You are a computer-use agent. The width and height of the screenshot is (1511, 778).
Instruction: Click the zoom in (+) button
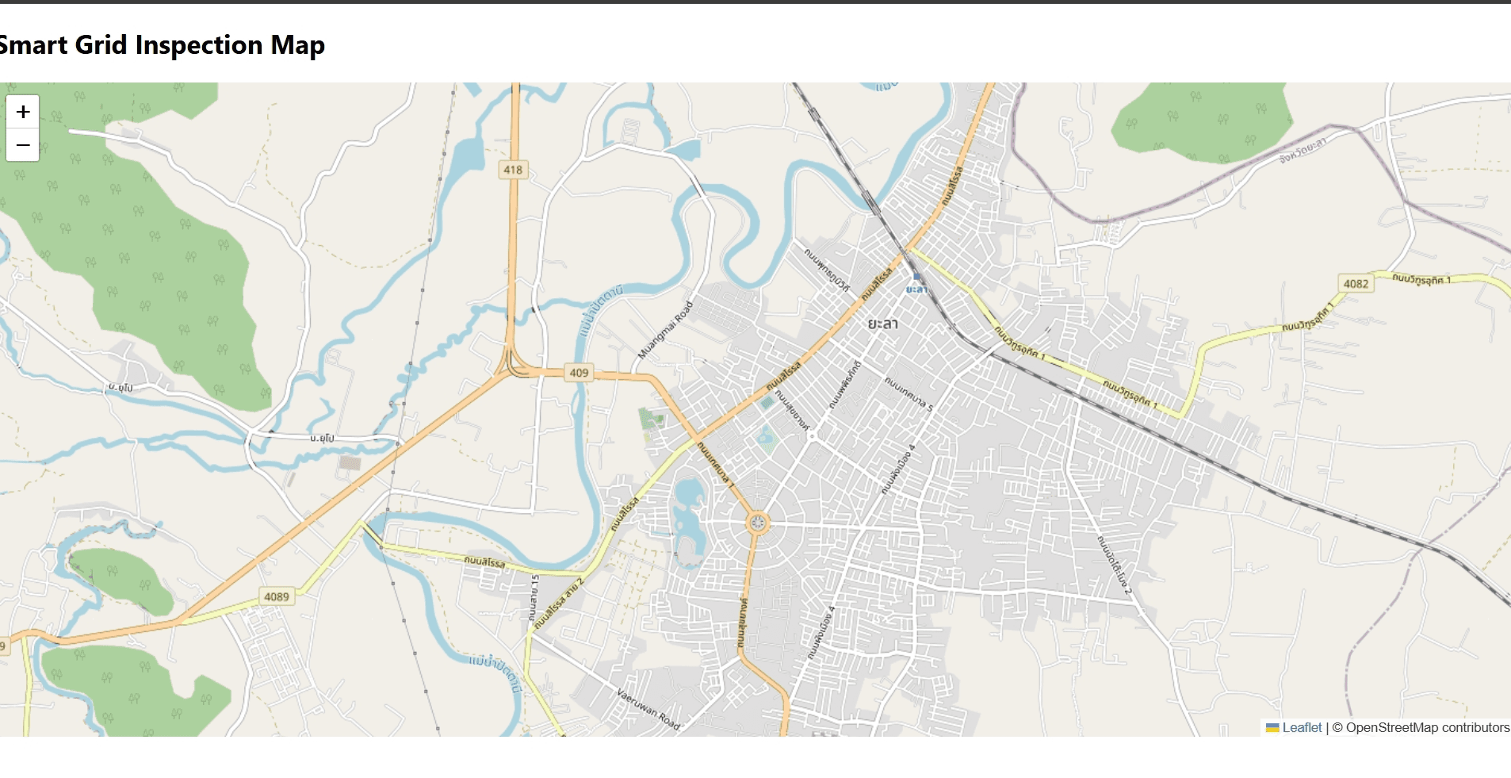click(x=23, y=112)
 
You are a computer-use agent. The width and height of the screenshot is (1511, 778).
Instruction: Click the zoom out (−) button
click(x=23, y=145)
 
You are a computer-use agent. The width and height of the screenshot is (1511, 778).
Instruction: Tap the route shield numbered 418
click(x=513, y=170)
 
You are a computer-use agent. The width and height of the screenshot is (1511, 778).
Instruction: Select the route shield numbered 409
click(x=579, y=373)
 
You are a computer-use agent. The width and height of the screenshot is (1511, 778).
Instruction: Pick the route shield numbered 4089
click(x=277, y=596)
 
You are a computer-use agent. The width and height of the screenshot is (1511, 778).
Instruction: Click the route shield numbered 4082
click(x=1356, y=284)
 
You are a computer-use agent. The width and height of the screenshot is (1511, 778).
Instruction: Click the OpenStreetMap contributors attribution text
click(x=1427, y=727)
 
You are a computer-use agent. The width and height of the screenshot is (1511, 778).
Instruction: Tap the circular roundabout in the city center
click(x=758, y=523)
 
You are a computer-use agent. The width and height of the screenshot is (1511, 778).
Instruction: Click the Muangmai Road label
click(x=665, y=330)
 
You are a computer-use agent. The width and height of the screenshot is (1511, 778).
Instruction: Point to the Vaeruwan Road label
click(x=648, y=709)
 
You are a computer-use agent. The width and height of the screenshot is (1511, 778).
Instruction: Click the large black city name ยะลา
click(x=882, y=324)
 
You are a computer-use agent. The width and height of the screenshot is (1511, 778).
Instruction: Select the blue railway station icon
click(x=917, y=277)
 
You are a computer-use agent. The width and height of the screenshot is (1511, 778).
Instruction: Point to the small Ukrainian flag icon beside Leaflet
click(x=1272, y=728)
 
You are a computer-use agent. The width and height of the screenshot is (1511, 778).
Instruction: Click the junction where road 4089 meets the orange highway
click(x=178, y=622)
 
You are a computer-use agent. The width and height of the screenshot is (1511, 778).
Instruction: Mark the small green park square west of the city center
click(x=651, y=418)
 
